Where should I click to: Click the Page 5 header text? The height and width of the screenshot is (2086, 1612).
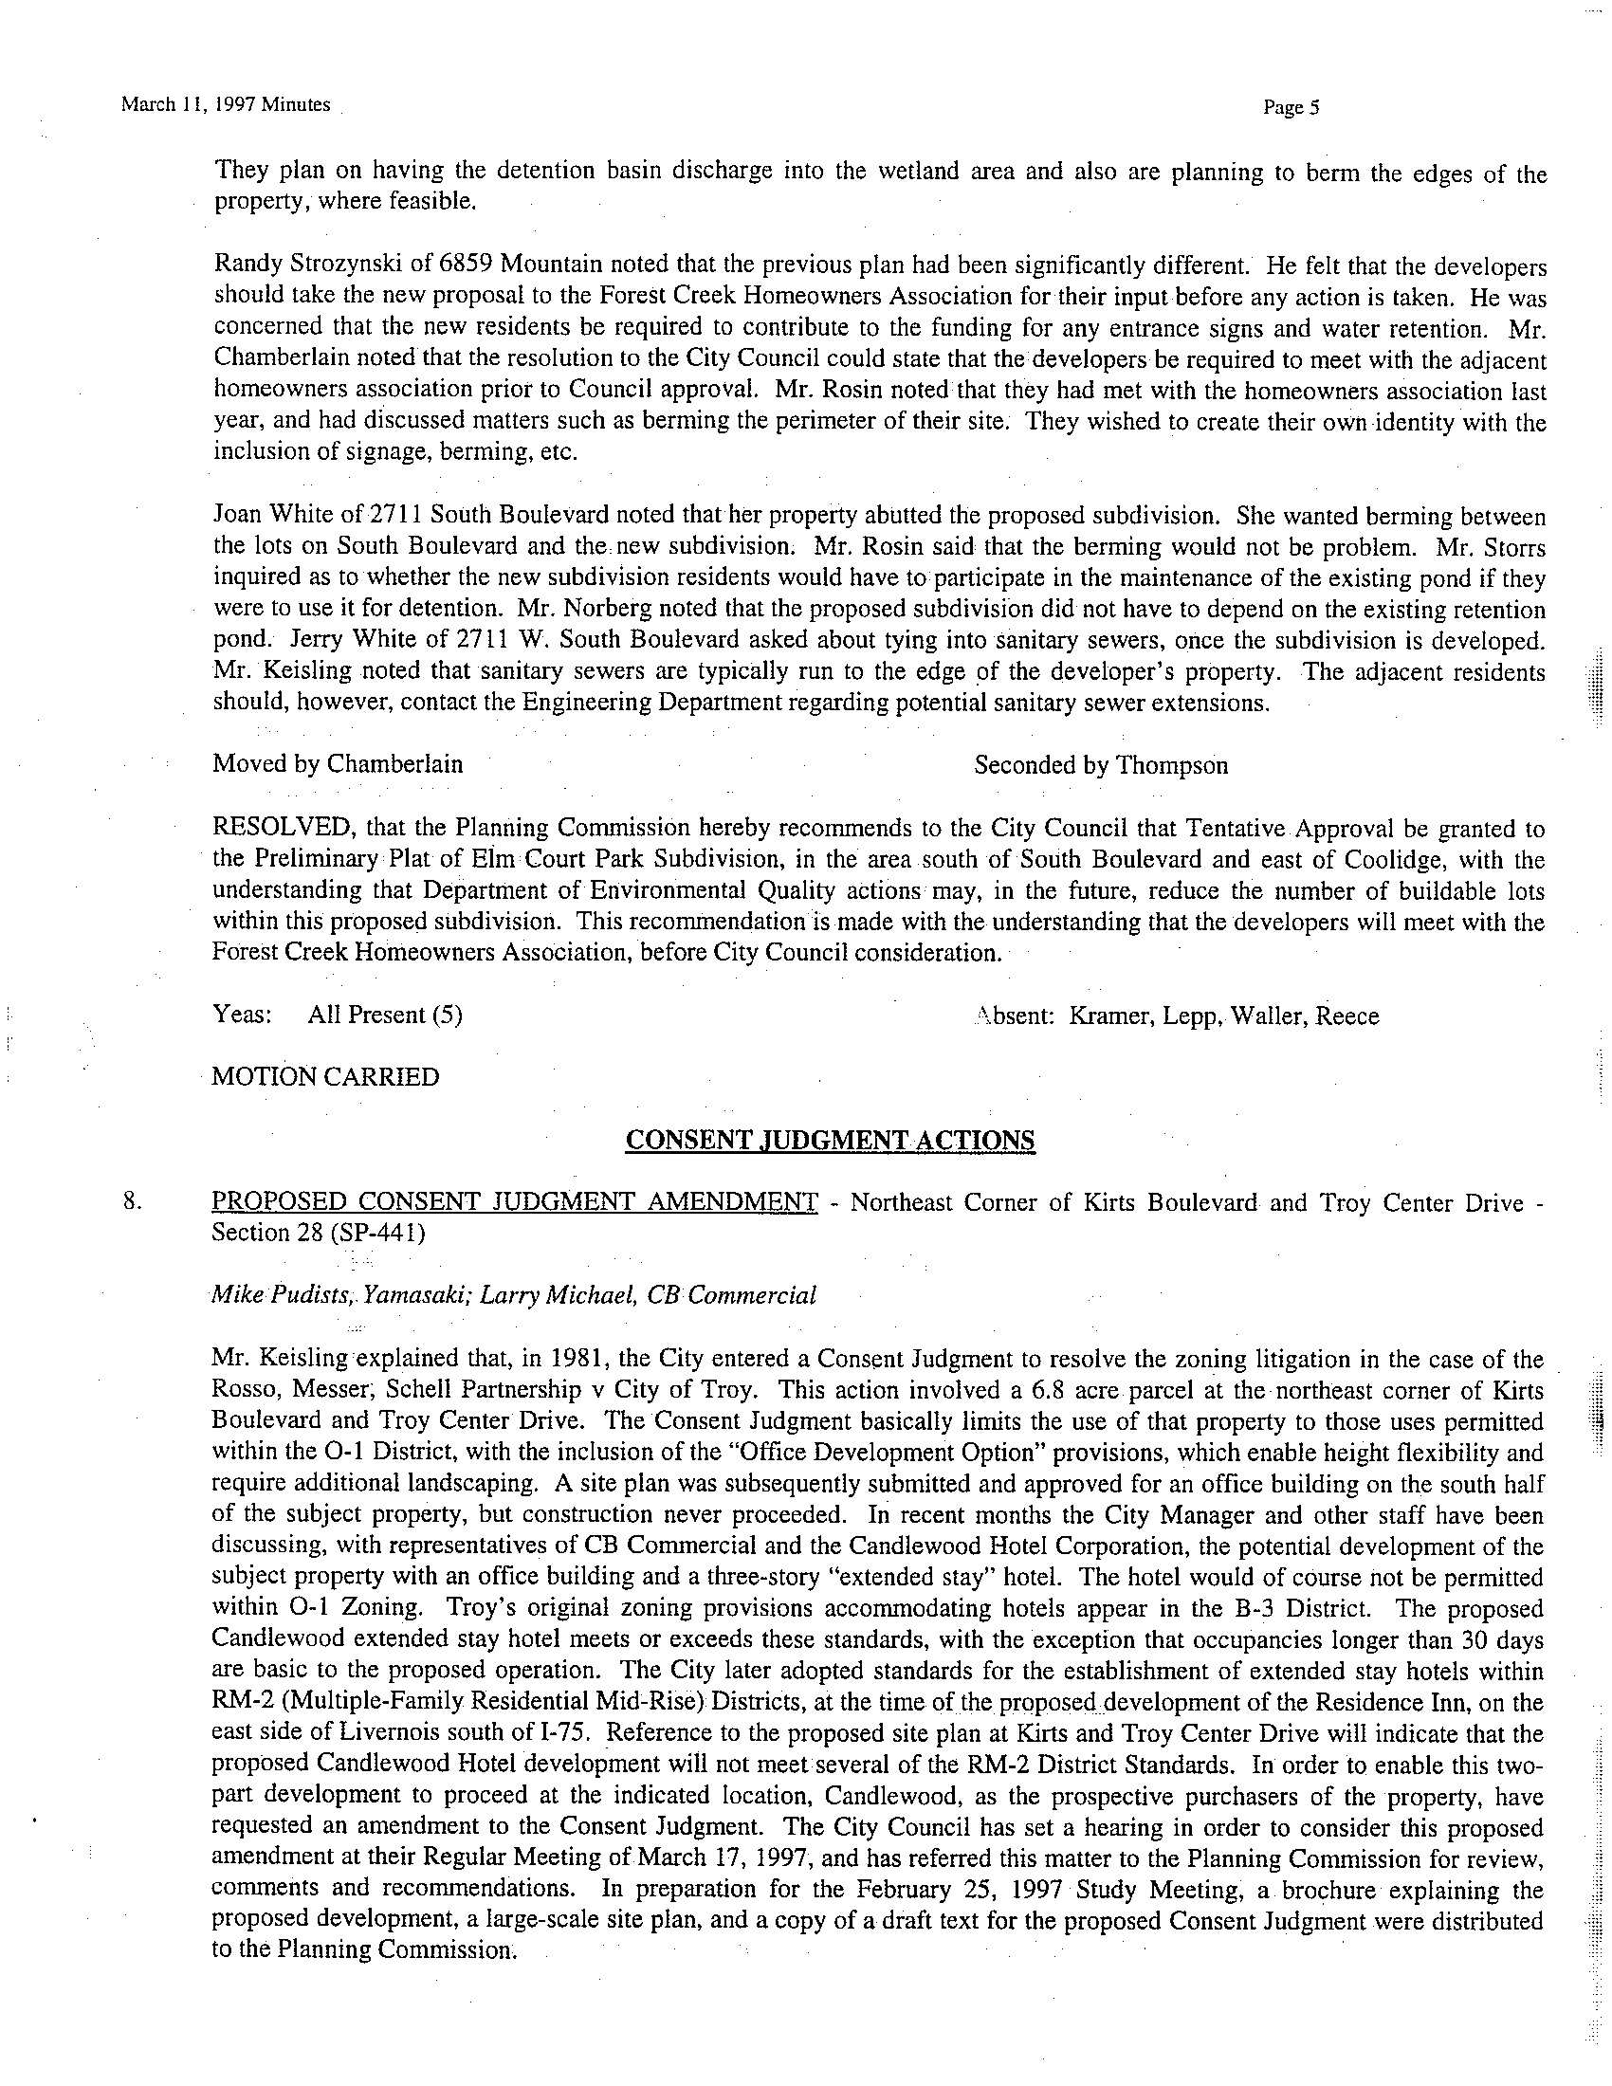(x=1291, y=108)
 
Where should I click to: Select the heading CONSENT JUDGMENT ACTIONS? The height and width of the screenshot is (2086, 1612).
(x=829, y=1141)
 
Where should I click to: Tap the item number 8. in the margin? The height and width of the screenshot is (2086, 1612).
(x=134, y=1202)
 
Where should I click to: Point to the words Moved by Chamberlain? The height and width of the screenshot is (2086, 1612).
(x=338, y=764)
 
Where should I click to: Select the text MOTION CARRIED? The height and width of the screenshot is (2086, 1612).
(x=325, y=1077)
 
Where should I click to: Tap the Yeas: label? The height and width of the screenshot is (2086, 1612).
(x=243, y=1015)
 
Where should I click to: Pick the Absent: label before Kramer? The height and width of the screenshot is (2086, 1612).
(x=1014, y=1016)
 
